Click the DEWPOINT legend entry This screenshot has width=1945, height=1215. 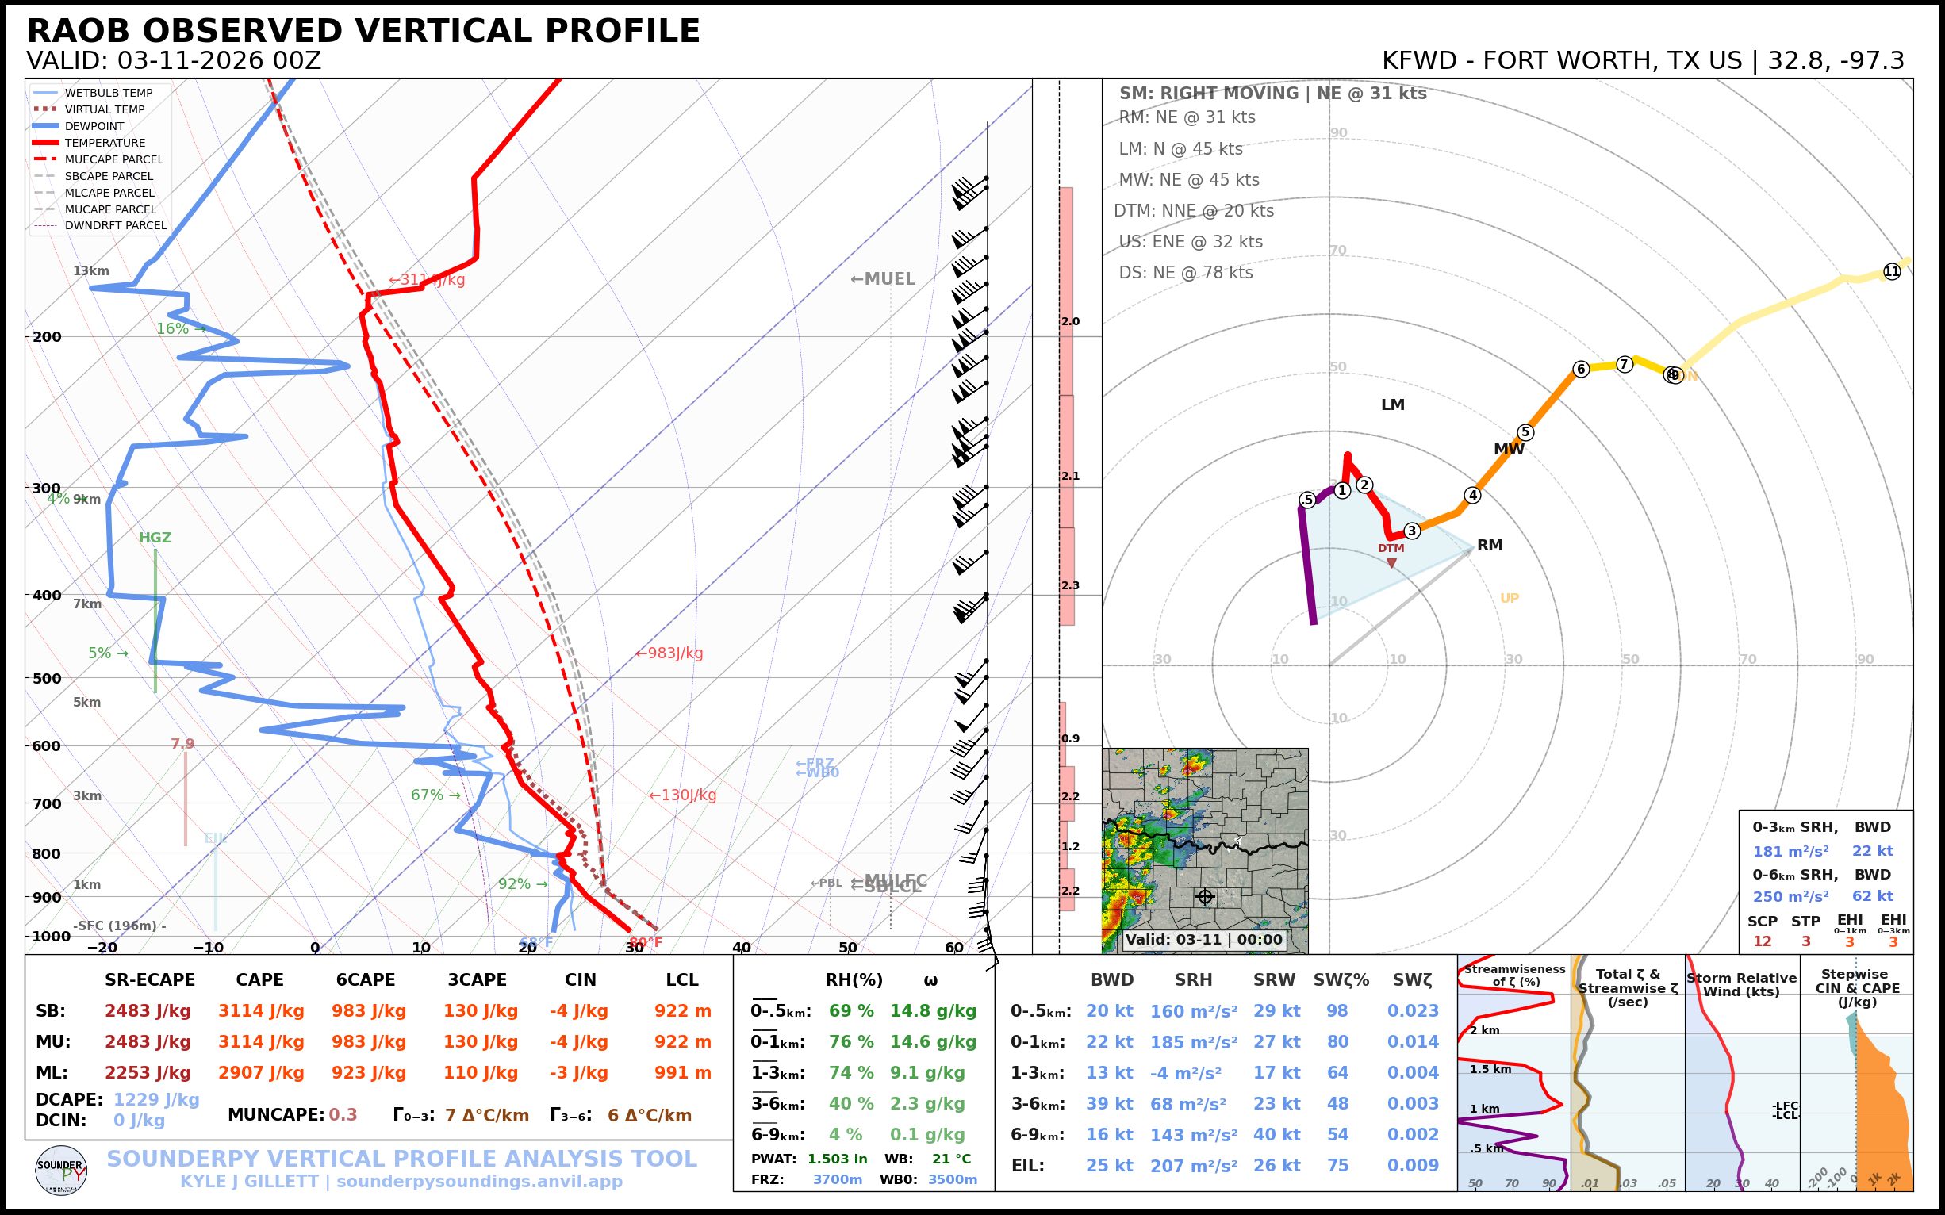click(x=94, y=126)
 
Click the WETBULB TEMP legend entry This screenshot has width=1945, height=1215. click(x=108, y=94)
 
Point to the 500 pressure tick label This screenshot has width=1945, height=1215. click(x=47, y=678)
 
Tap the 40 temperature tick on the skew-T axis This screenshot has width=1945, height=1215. click(x=741, y=948)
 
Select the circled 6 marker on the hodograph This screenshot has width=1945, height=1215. click(x=1581, y=369)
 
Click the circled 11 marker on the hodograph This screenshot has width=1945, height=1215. click(x=1892, y=271)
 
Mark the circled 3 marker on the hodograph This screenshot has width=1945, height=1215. click(x=1411, y=531)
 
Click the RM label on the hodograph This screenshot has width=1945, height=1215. click(x=1490, y=545)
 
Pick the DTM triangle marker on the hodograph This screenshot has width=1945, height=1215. click(x=1392, y=562)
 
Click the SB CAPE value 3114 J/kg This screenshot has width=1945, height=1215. click(x=260, y=1011)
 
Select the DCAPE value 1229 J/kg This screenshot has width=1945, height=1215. click(x=156, y=1099)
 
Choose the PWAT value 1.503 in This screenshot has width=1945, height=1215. click(x=837, y=1159)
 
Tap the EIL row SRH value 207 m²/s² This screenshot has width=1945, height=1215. click(x=1193, y=1165)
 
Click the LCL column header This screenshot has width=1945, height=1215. click(x=681, y=979)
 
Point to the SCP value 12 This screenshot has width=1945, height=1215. click(x=1762, y=941)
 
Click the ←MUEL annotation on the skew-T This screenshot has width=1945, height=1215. click(x=883, y=279)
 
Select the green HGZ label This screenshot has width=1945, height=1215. click(x=155, y=538)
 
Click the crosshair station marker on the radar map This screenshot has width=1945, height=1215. click(x=1205, y=896)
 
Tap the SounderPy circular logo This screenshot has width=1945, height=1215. click(x=61, y=1170)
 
